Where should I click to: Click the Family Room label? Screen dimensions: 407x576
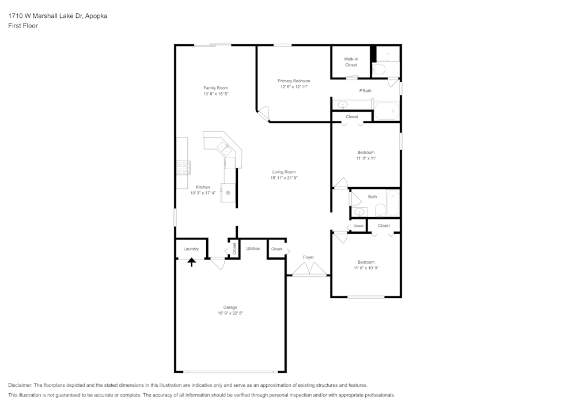click(215, 88)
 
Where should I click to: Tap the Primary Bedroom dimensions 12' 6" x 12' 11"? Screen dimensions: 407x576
click(294, 87)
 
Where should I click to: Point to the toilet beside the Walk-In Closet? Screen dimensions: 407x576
click(379, 70)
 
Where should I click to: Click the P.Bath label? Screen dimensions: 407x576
click(365, 91)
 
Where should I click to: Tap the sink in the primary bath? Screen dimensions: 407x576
click(343, 105)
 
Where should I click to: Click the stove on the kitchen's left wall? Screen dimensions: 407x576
click(183, 168)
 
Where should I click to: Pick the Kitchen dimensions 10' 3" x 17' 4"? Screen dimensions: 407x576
click(203, 193)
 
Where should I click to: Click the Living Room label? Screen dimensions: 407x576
click(283, 172)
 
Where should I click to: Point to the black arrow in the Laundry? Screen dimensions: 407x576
click(192, 262)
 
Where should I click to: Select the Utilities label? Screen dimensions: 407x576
click(253, 249)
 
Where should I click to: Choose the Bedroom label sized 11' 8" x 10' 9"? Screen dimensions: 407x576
click(366, 262)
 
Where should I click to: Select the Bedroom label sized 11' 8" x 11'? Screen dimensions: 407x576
click(366, 153)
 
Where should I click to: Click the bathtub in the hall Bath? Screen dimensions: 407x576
click(393, 203)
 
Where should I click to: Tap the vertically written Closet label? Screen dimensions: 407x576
click(234, 248)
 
